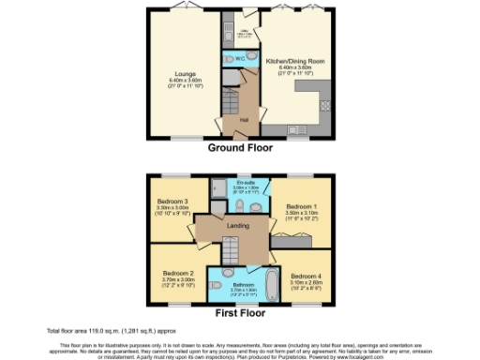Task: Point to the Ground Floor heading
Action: point(240,148)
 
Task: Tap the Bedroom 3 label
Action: point(172,202)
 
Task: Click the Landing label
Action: point(238,224)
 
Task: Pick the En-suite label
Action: point(247,182)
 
